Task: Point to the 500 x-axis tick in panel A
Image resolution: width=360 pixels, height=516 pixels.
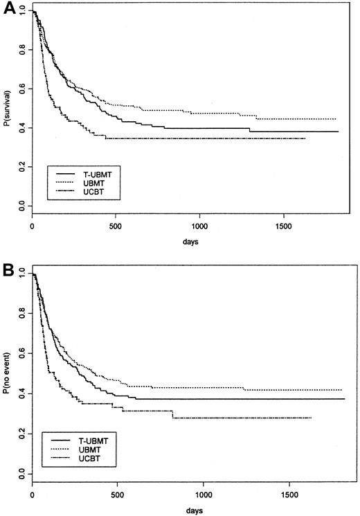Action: (x=116, y=226)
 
